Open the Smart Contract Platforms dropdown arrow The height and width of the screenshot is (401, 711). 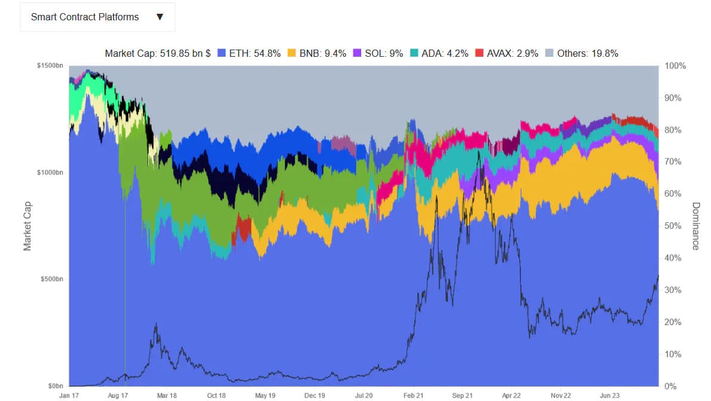(x=159, y=17)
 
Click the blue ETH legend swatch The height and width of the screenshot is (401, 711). (x=221, y=53)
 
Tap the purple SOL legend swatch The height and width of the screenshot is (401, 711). (x=357, y=53)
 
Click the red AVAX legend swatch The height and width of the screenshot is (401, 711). (x=479, y=53)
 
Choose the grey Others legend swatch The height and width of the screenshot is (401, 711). (x=549, y=53)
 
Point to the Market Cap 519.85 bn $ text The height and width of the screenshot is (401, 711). (x=158, y=53)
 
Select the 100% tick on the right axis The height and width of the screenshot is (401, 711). (x=676, y=66)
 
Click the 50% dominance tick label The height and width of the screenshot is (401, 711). (x=675, y=226)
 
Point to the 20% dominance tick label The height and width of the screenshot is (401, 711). (x=675, y=322)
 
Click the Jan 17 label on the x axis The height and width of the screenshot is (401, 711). (x=69, y=395)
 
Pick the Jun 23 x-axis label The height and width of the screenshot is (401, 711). (x=610, y=395)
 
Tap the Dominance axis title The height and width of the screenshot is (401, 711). (x=696, y=226)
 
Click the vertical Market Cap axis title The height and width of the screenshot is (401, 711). (x=27, y=226)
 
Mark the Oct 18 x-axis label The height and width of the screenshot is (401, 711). (x=216, y=395)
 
